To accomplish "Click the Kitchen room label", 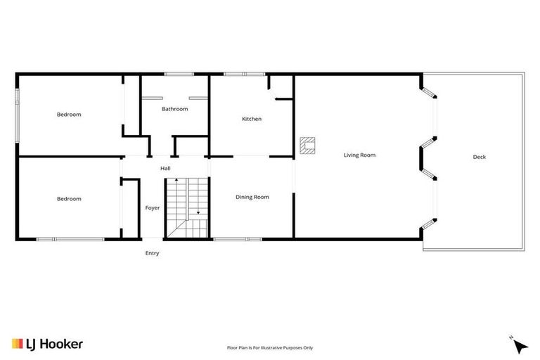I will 252,119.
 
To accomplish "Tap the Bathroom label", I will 174,109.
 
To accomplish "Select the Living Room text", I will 359,155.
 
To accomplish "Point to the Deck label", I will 479,157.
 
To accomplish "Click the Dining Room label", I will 252,197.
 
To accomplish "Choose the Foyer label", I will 153,208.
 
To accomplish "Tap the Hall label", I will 165,168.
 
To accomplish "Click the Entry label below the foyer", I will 152,253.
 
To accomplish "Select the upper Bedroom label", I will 69,115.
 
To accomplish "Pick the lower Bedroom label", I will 69,199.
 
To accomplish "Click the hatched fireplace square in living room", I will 307,145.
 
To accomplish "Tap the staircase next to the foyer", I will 188,208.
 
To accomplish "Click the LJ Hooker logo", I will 47,344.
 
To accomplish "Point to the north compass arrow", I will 520,345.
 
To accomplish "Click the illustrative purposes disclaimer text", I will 269,347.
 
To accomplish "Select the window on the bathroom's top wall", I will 179,74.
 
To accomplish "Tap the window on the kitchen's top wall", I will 244,74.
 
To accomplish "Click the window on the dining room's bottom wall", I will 237,240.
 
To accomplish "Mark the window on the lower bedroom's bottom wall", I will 70,240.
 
